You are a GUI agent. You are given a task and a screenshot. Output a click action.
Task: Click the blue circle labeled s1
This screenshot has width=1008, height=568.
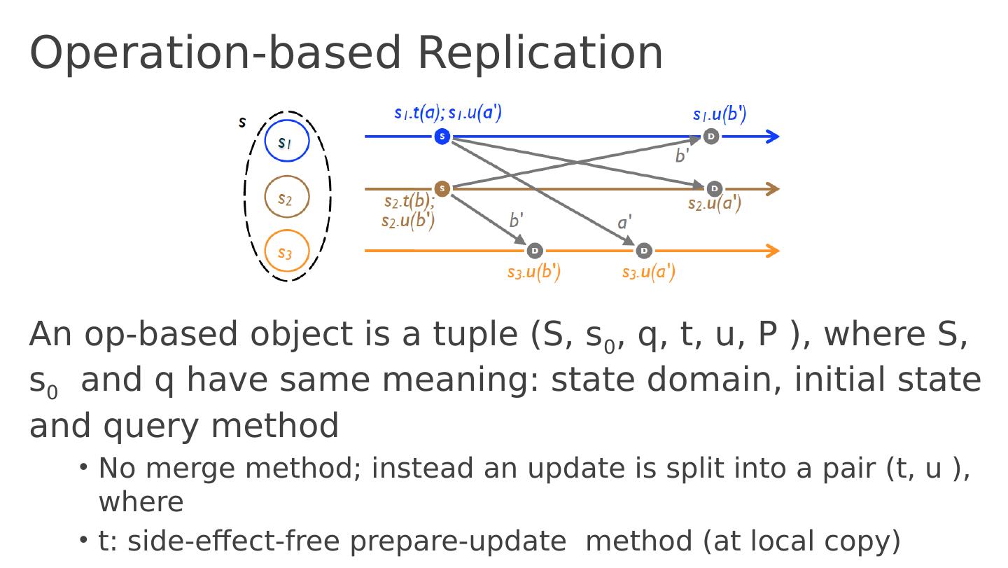coord(287,141)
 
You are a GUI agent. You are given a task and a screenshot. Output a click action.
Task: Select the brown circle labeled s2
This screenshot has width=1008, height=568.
coord(287,198)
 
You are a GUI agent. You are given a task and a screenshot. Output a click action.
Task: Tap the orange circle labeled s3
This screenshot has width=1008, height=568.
coord(287,251)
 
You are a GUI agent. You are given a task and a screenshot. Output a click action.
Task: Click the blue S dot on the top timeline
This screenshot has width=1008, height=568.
coord(442,137)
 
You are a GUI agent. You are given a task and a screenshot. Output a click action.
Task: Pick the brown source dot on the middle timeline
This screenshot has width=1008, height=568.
coord(442,188)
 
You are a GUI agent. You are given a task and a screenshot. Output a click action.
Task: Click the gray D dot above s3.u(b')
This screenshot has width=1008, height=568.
coord(535,251)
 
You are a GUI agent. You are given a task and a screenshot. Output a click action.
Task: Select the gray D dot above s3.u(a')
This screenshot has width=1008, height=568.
coord(644,251)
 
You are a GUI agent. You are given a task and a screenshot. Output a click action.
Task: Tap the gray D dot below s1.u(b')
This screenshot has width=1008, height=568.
coord(711,137)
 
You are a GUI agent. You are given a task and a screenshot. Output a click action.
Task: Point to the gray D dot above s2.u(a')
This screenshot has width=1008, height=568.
coord(714,188)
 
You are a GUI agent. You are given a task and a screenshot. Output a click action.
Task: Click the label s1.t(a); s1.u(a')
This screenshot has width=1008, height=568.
coord(448,112)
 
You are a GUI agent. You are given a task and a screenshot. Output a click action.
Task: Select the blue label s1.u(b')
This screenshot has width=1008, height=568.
coord(720,113)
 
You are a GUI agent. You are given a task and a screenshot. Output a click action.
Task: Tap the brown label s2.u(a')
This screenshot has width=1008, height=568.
coord(714,204)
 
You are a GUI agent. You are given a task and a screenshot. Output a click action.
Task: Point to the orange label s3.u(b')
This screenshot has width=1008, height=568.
coord(534,271)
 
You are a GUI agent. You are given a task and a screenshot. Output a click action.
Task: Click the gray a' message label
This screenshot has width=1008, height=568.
coord(624,223)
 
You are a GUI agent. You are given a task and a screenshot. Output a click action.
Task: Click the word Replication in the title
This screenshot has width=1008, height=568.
coord(540,53)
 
